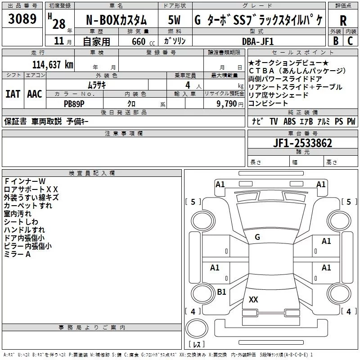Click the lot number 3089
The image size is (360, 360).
(22, 19)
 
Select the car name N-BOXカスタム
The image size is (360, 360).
(116, 20)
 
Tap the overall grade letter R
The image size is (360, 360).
(343, 20)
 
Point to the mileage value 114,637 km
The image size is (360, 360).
(53, 64)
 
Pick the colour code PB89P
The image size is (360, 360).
(74, 103)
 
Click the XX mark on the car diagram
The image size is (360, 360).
(253, 299)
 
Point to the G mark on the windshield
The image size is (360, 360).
(257, 237)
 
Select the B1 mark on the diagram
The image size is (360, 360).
(221, 292)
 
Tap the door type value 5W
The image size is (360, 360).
(175, 20)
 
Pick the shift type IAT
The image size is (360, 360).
(13, 94)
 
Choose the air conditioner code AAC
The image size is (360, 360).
(35, 94)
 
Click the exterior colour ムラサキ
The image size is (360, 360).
(97, 85)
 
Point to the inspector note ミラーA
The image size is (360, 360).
(18, 254)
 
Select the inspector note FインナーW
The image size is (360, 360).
(25, 181)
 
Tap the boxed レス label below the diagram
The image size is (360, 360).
(197, 345)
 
